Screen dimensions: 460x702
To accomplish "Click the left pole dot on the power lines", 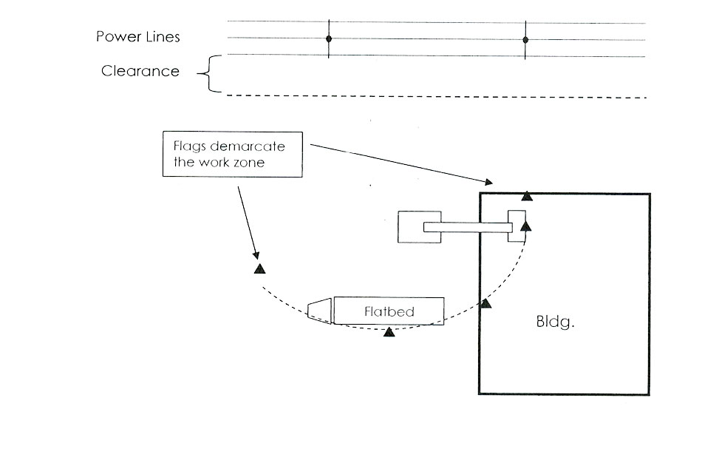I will [x=329, y=38].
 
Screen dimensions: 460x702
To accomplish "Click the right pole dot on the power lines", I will [x=525, y=39].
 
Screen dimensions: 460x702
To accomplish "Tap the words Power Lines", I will [x=137, y=37].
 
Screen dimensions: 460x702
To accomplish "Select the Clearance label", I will [x=140, y=72].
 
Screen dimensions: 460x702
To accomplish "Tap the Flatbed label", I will [x=389, y=311].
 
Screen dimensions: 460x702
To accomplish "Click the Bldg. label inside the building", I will [x=554, y=323].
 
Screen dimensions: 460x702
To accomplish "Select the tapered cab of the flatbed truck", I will [x=319, y=311].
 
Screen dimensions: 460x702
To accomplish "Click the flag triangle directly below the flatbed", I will [x=389, y=333].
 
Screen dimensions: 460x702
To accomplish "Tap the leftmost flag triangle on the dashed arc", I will [x=259, y=269].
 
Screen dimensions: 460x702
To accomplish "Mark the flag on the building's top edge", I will [x=526, y=195].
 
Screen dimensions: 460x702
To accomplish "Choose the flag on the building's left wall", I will [x=485, y=303].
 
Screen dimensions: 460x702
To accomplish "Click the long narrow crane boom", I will [x=466, y=227].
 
